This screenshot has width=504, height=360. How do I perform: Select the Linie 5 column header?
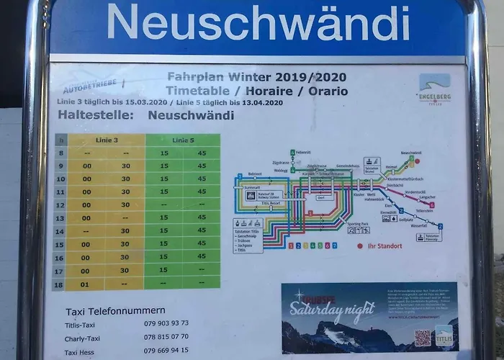183,140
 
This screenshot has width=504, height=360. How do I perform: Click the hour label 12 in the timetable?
61,204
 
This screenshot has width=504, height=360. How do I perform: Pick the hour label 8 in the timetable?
61,153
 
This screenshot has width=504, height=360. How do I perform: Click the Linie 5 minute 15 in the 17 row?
164,270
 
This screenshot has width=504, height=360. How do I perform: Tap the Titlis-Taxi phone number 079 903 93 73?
166,323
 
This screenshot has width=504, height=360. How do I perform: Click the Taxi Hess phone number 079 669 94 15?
166,350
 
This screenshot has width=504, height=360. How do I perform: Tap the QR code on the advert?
422,338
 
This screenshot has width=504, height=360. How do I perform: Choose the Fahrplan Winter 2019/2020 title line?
256,76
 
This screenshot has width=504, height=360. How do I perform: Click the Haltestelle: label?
93,114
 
